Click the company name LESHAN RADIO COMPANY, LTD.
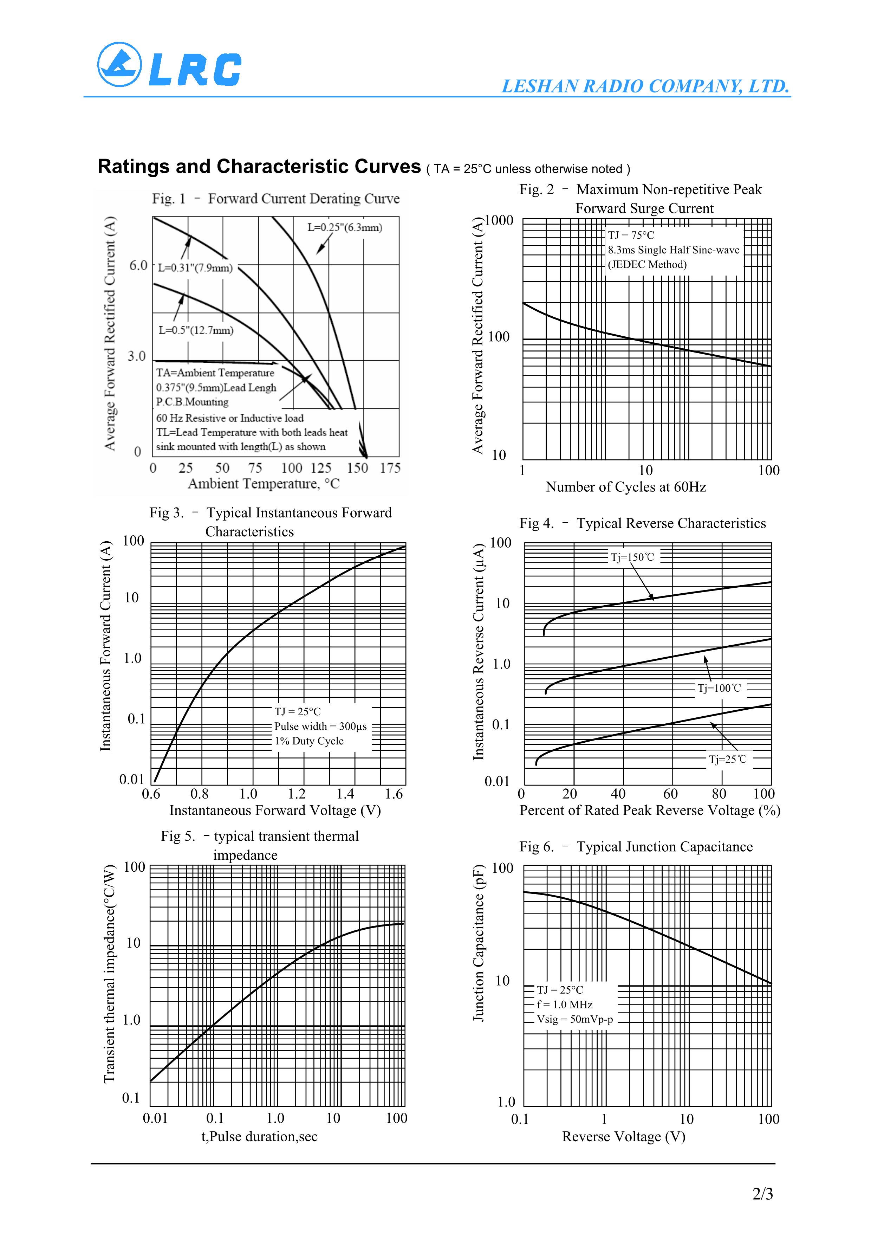(645, 86)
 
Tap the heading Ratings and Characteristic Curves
(259, 167)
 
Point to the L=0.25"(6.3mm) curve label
(345, 227)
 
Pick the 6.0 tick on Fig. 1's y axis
(138, 265)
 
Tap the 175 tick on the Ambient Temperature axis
(390, 468)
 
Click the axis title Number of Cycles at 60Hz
(626, 487)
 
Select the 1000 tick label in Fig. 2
(499, 221)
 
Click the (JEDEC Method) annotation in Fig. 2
(647, 264)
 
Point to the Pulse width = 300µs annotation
(320, 726)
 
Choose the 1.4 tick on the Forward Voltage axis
(345, 794)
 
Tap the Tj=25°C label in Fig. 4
(727, 759)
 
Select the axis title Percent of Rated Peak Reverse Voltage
(649, 811)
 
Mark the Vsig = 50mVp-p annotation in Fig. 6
(575, 1019)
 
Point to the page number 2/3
(762, 1194)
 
